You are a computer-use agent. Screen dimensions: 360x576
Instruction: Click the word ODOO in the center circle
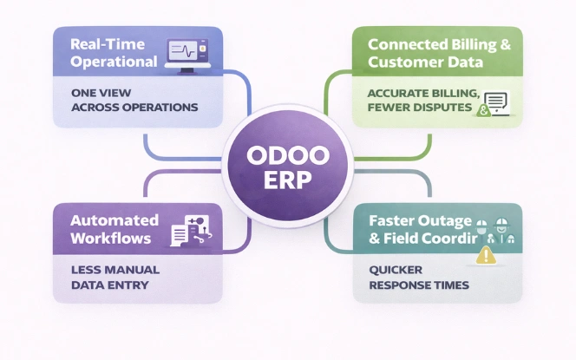click(287, 157)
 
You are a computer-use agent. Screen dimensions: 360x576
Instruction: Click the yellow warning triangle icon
click(487, 255)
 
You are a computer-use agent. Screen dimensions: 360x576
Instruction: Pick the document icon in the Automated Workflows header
click(180, 232)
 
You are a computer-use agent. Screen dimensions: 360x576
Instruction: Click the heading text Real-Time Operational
click(114, 53)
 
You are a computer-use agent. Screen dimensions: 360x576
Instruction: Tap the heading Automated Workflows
click(114, 229)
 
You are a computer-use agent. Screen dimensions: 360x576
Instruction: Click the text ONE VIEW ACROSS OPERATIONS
click(134, 99)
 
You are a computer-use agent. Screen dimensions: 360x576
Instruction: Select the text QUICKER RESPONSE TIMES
click(412, 277)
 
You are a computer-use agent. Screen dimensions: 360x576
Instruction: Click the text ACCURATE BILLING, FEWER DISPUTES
click(422, 101)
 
